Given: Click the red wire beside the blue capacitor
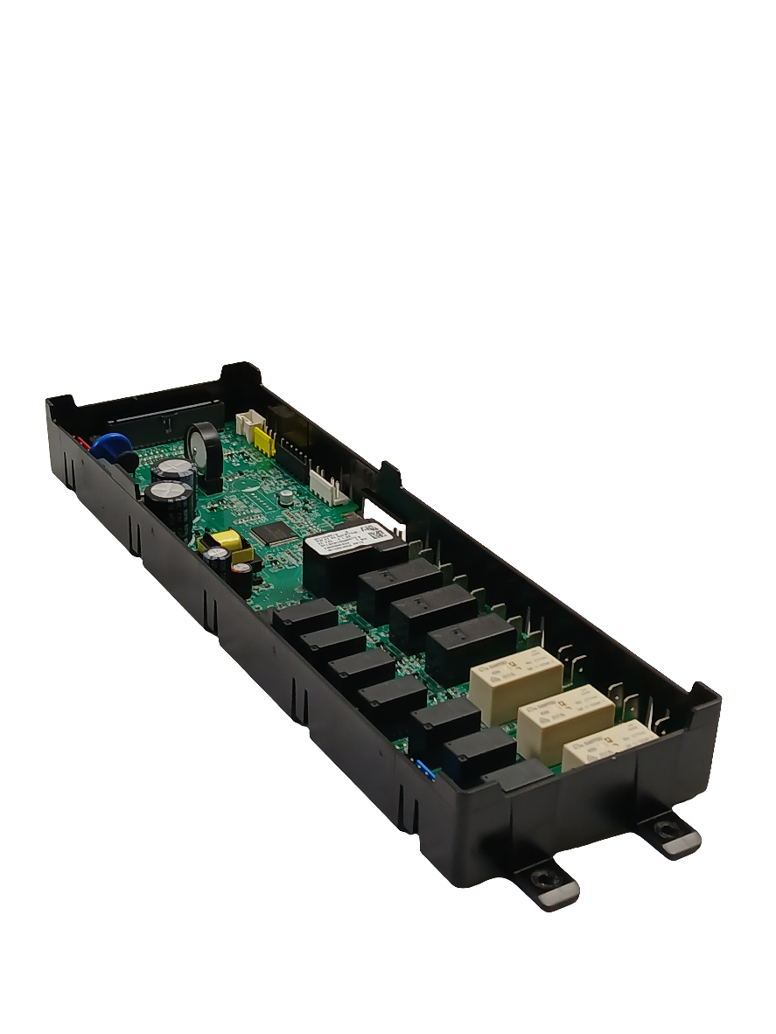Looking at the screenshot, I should [86, 444].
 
